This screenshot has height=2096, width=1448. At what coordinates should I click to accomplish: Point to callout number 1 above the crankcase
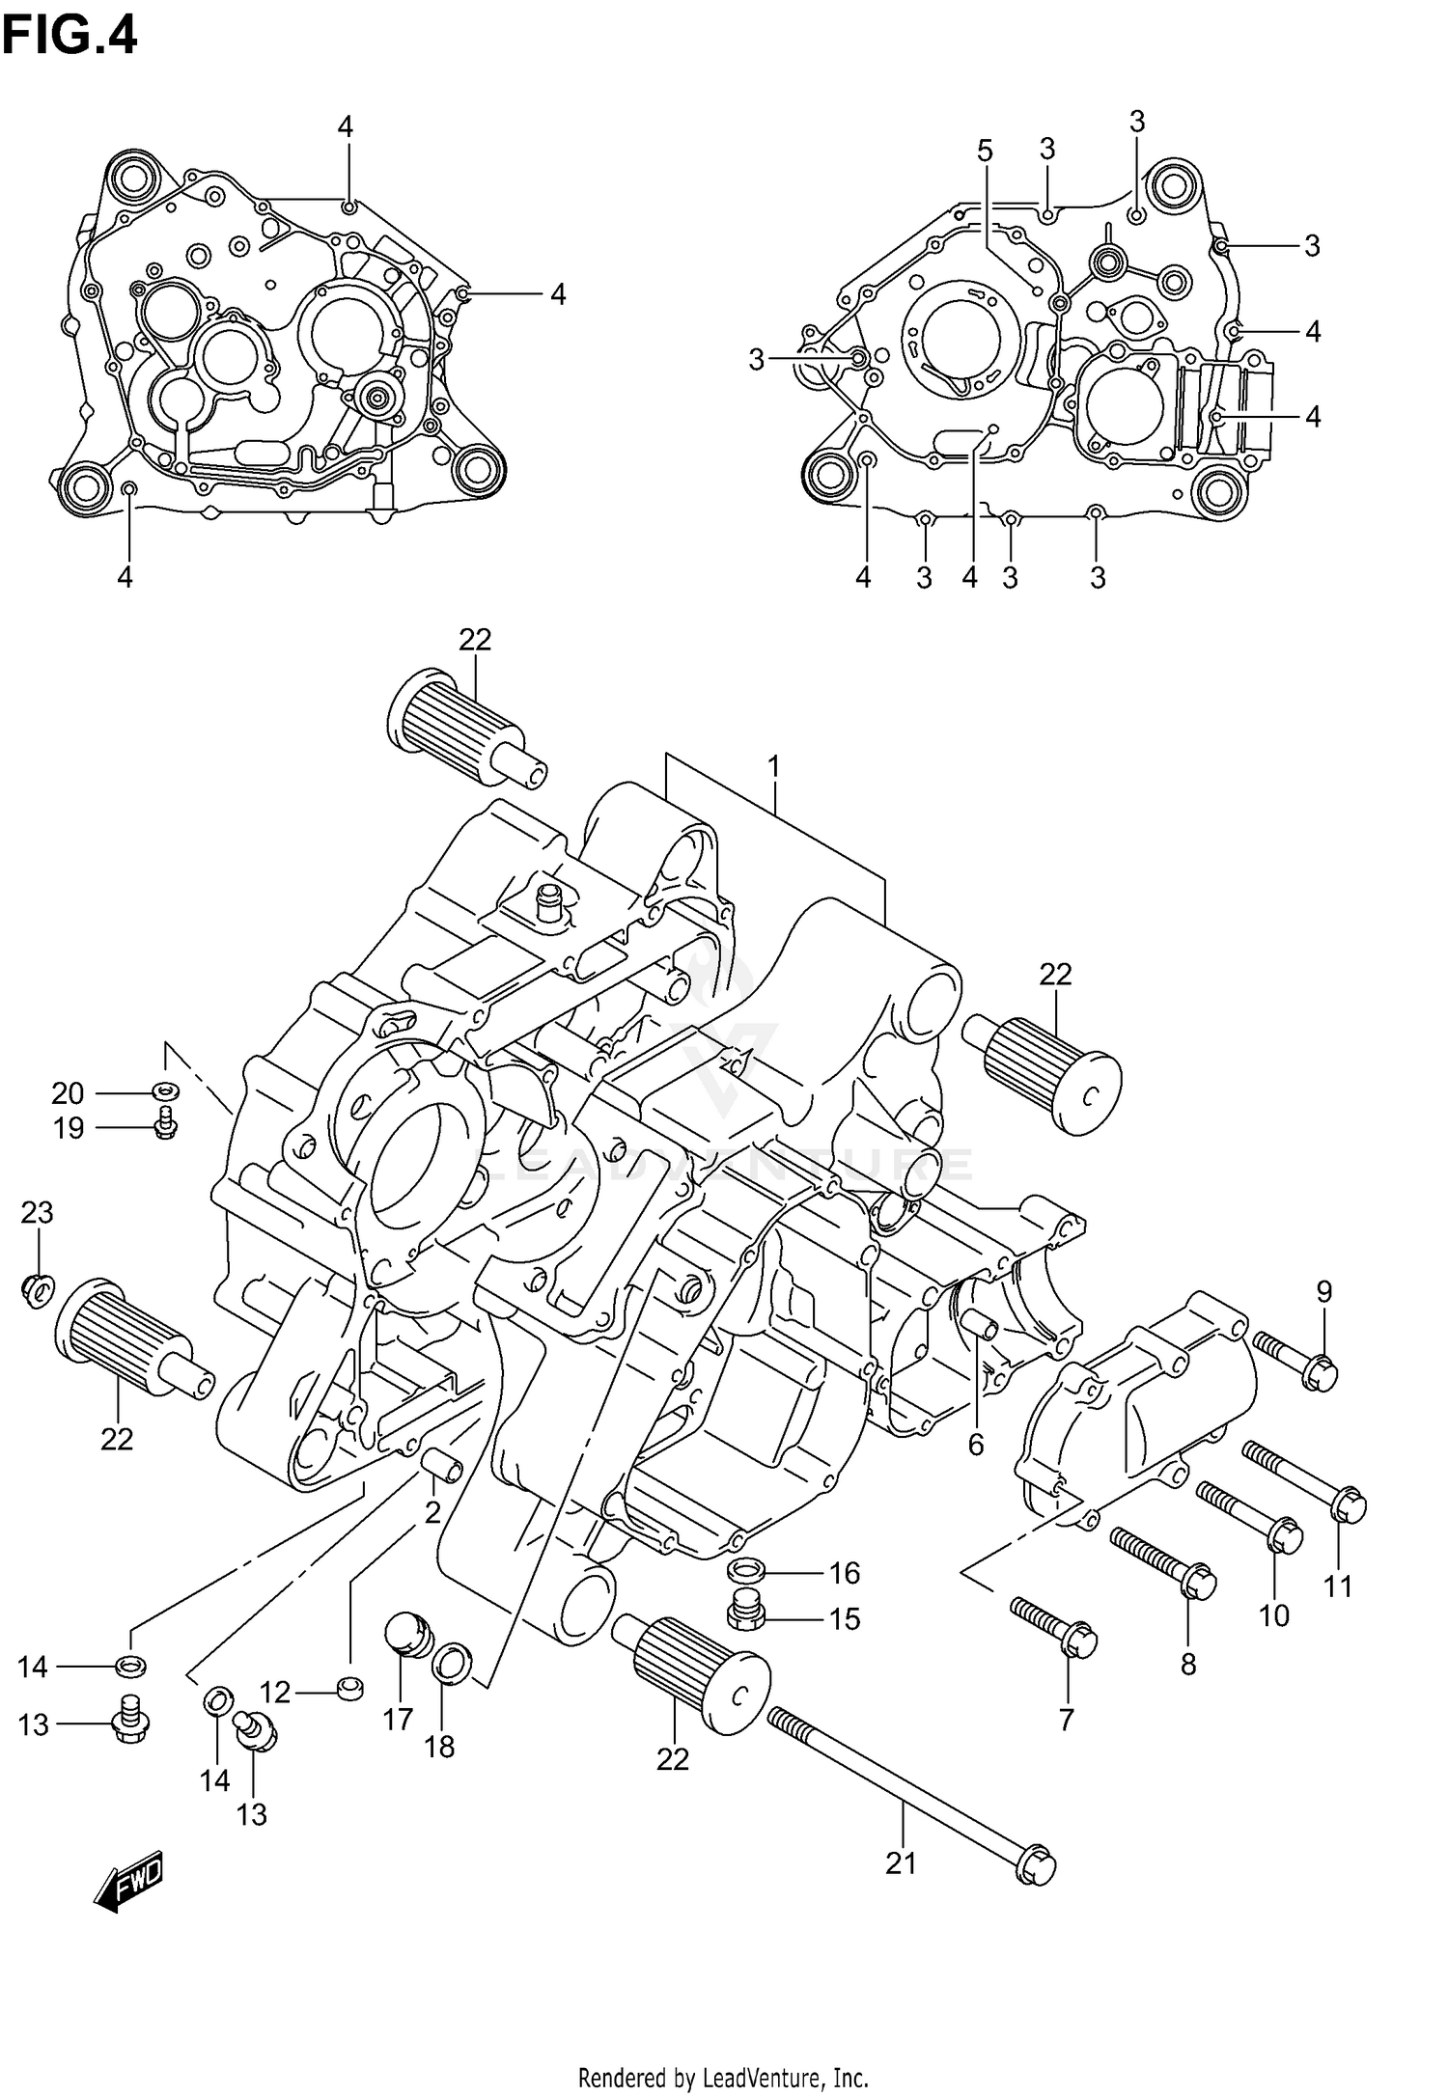(773, 766)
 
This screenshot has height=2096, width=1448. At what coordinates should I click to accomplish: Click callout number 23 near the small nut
(38, 1212)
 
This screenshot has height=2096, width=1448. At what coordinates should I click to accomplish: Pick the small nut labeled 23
(37, 1288)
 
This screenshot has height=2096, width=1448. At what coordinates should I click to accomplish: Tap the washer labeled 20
(165, 1092)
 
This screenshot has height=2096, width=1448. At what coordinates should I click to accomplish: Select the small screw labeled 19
(166, 1123)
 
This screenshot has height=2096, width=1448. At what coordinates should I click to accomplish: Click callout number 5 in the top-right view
(984, 151)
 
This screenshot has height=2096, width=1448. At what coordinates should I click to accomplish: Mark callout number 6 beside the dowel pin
(976, 1445)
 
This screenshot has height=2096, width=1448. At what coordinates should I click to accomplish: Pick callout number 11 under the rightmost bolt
(1338, 1585)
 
